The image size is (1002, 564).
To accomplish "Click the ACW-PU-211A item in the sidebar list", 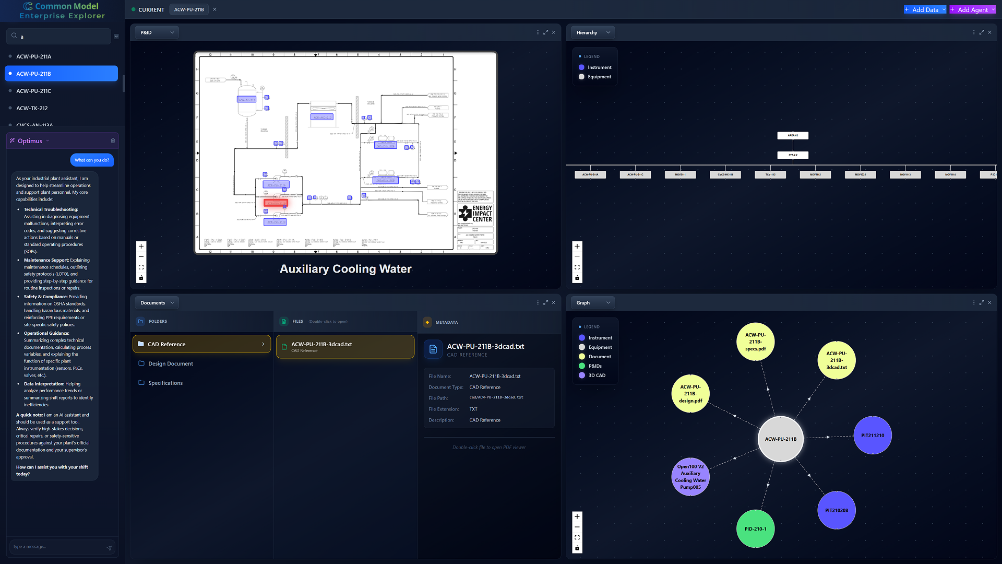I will [34, 56].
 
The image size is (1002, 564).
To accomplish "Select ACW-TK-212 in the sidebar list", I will [32, 108].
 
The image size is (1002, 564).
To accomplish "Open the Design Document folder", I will [171, 363].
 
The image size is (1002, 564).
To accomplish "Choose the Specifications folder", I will [165, 383].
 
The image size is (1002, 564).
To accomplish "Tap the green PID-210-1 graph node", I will [755, 528].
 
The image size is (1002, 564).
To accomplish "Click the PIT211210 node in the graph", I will [873, 435].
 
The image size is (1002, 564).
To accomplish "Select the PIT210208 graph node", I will [836, 510].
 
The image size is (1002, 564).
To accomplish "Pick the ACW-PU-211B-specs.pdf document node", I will [755, 342].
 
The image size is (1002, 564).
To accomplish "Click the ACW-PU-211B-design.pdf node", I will [690, 393].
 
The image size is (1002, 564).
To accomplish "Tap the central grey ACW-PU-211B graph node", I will [780, 439].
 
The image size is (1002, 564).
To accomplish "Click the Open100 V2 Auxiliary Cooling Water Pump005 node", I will [690, 476].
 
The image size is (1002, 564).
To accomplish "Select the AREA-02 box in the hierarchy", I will [792, 135].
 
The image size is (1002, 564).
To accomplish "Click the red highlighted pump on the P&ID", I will [276, 203].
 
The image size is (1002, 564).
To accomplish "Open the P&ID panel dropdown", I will [157, 32].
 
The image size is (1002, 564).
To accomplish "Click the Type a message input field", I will [57, 547].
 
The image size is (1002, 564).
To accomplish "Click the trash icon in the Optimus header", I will [113, 140].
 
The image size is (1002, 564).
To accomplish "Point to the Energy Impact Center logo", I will [475, 213].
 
